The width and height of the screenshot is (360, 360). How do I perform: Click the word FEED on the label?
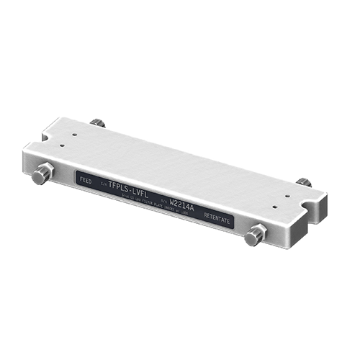point(86,177)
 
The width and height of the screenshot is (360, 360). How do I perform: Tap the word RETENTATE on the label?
point(216,218)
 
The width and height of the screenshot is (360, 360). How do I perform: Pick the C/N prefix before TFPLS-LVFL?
point(103,182)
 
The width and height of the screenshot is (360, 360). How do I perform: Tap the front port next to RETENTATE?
point(255,235)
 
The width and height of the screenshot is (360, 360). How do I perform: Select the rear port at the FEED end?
point(97,122)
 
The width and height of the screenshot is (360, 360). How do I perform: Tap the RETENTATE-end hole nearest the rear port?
point(289,194)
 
